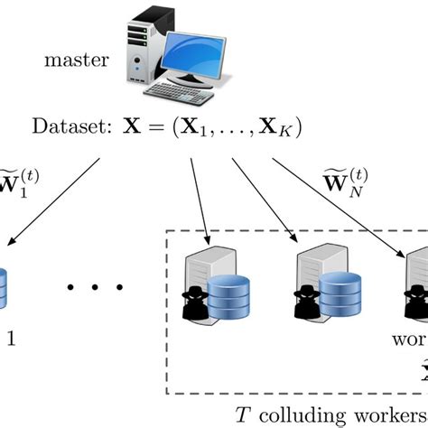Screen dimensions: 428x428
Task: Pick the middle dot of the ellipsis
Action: [95, 290]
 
